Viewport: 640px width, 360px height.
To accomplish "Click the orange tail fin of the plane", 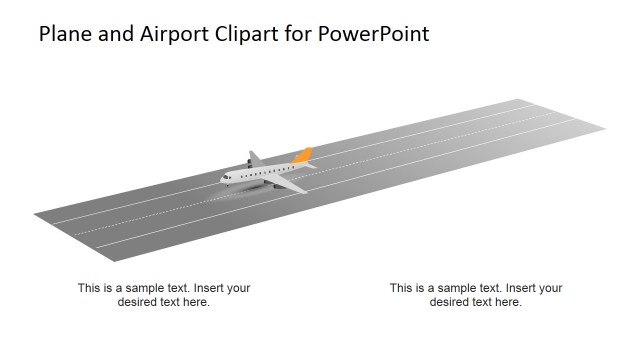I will tap(303, 155).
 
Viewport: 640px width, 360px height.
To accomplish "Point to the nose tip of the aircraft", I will tap(221, 180).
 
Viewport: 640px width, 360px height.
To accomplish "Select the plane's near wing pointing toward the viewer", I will tap(291, 185).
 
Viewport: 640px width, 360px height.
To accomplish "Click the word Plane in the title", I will tap(66, 34).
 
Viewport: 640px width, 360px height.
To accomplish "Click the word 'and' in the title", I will tap(119, 34).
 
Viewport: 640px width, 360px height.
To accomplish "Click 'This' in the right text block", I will tap(401, 288).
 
